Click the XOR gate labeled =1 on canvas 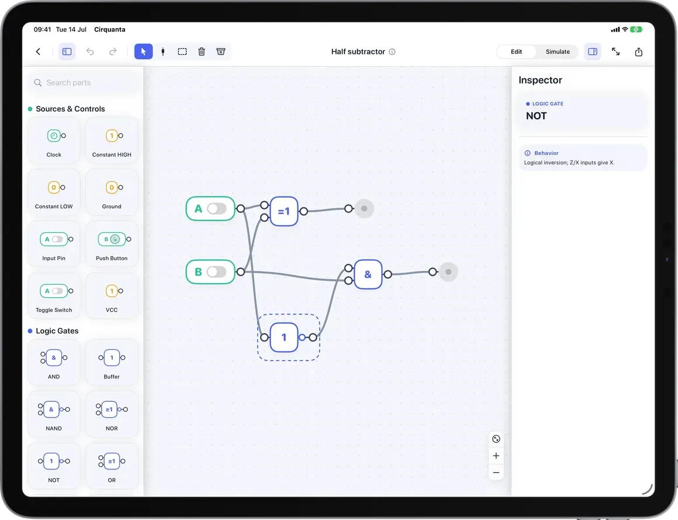click(x=284, y=211)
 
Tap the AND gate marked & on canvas click(x=368, y=274)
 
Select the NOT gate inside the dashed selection click(x=284, y=338)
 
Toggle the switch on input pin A click(x=217, y=209)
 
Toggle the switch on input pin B click(x=217, y=271)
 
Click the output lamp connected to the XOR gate click(x=364, y=209)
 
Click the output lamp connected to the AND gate click(x=448, y=272)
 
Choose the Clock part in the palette click(x=54, y=140)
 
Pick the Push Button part click(x=112, y=244)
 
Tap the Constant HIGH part click(x=112, y=140)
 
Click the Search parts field click(x=85, y=82)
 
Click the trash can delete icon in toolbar click(x=202, y=51)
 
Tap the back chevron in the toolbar click(x=38, y=51)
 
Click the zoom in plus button click(x=496, y=456)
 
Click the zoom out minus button click(x=496, y=473)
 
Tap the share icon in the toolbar click(x=639, y=51)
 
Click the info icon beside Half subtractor click(x=392, y=51)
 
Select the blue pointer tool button click(x=144, y=51)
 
